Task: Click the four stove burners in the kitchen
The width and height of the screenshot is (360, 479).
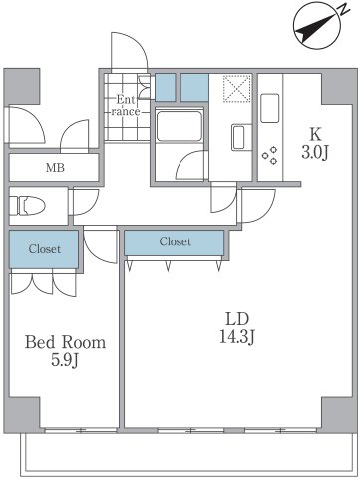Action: [x=270, y=155]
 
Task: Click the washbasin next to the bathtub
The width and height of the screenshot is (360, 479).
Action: [x=238, y=137]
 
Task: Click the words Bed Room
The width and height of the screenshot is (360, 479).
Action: [x=65, y=343]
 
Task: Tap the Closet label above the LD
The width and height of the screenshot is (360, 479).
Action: [x=175, y=241]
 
